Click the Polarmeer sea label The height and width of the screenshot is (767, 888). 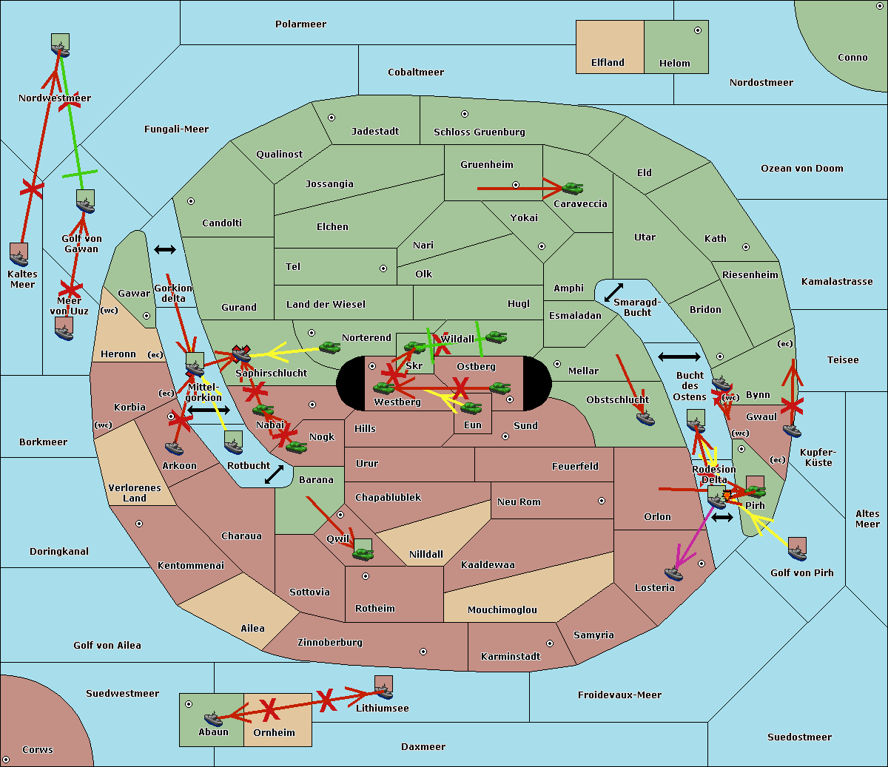pos(300,24)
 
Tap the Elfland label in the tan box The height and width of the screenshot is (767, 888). pos(608,63)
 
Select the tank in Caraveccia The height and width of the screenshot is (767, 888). pos(572,189)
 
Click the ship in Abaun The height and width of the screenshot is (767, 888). pos(213,718)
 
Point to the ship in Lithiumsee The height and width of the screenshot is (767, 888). pos(383,692)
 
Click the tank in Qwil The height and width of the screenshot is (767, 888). pos(363,553)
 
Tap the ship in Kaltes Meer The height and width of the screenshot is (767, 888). pos(19,257)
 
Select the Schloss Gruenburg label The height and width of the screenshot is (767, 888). pos(479,132)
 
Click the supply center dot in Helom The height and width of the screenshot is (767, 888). pos(697,30)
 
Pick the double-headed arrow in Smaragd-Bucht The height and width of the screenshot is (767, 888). pos(613,293)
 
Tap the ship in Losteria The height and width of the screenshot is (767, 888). pos(673,572)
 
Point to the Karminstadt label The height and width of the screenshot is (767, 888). pos(511,657)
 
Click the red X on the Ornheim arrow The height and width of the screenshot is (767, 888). pos(269,710)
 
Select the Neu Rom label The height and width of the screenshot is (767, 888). pos(519,502)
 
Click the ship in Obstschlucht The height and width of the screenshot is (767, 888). pos(645,418)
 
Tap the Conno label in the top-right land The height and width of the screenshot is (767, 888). pos(852,58)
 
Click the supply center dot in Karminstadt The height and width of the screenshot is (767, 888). pos(549,643)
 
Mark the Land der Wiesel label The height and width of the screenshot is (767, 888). pos(326,305)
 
